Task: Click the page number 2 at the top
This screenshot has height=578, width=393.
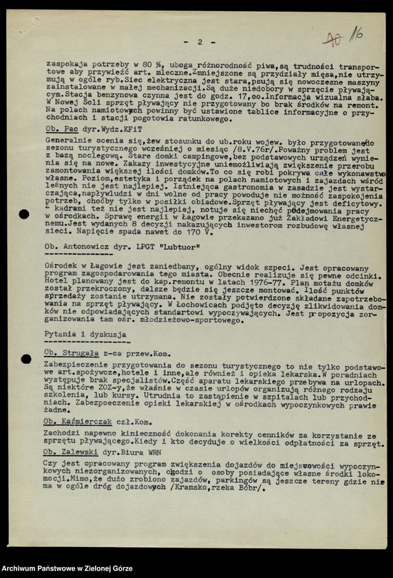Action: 200,42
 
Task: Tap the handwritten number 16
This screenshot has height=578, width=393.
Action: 356,34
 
